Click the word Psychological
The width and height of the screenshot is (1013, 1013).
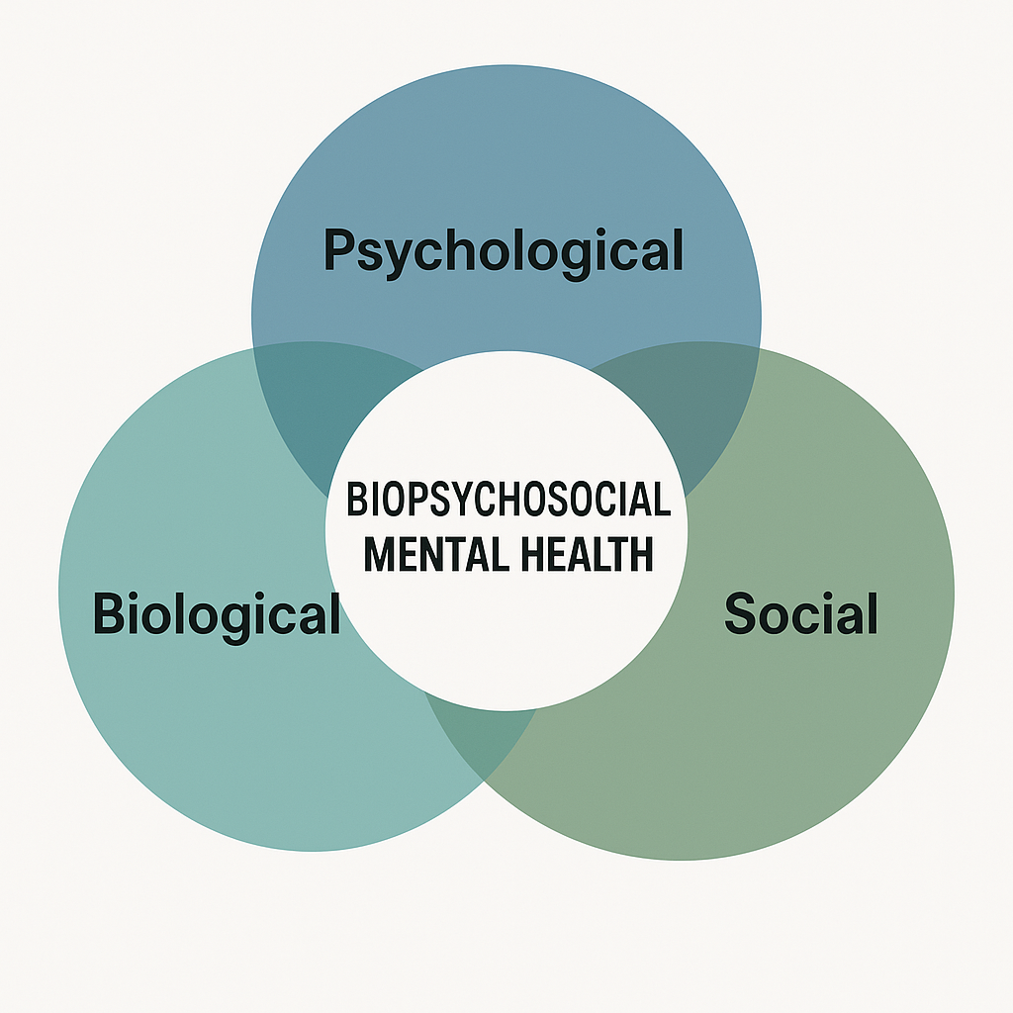click(x=504, y=251)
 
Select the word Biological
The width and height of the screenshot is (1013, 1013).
click(x=217, y=613)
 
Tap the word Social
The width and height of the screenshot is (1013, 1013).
click(x=801, y=613)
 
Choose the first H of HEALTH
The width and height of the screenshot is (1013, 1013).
click(x=538, y=554)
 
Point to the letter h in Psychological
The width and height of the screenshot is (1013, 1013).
click(x=454, y=248)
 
